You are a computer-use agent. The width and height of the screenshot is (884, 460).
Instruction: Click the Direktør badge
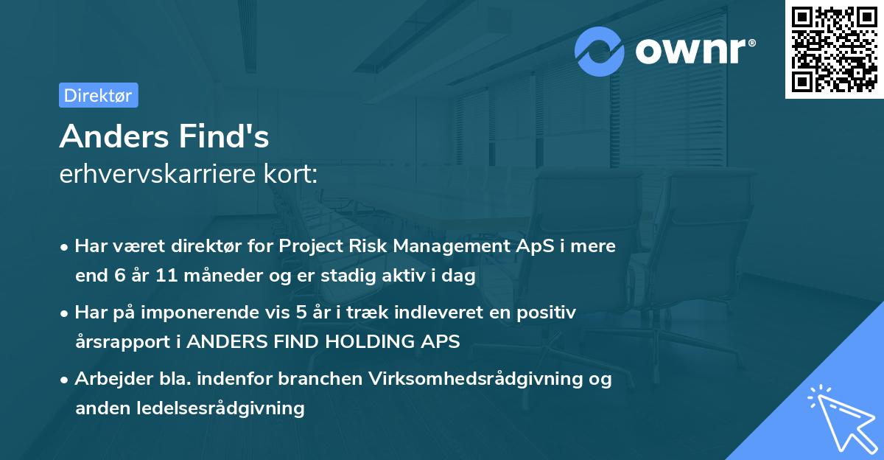pos(98,95)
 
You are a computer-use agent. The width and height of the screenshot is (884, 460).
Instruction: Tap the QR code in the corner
pos(834,49)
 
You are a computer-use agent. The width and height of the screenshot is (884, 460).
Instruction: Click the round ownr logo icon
pos(600,52)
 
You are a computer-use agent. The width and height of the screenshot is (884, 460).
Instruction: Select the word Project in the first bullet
pos(309,245)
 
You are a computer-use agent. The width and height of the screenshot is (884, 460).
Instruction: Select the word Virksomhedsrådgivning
pos(473,378)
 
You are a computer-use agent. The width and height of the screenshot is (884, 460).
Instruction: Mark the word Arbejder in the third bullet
pos(108,378)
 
